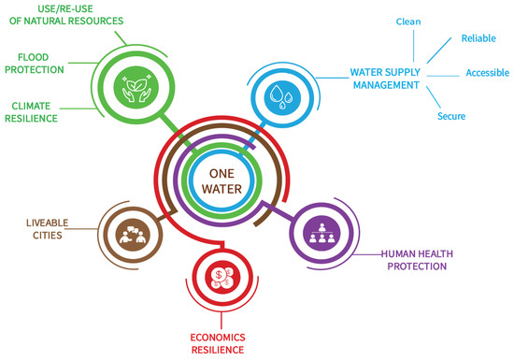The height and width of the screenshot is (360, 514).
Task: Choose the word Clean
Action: pos(408,20)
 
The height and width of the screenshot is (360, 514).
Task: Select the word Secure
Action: pos(450,117)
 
